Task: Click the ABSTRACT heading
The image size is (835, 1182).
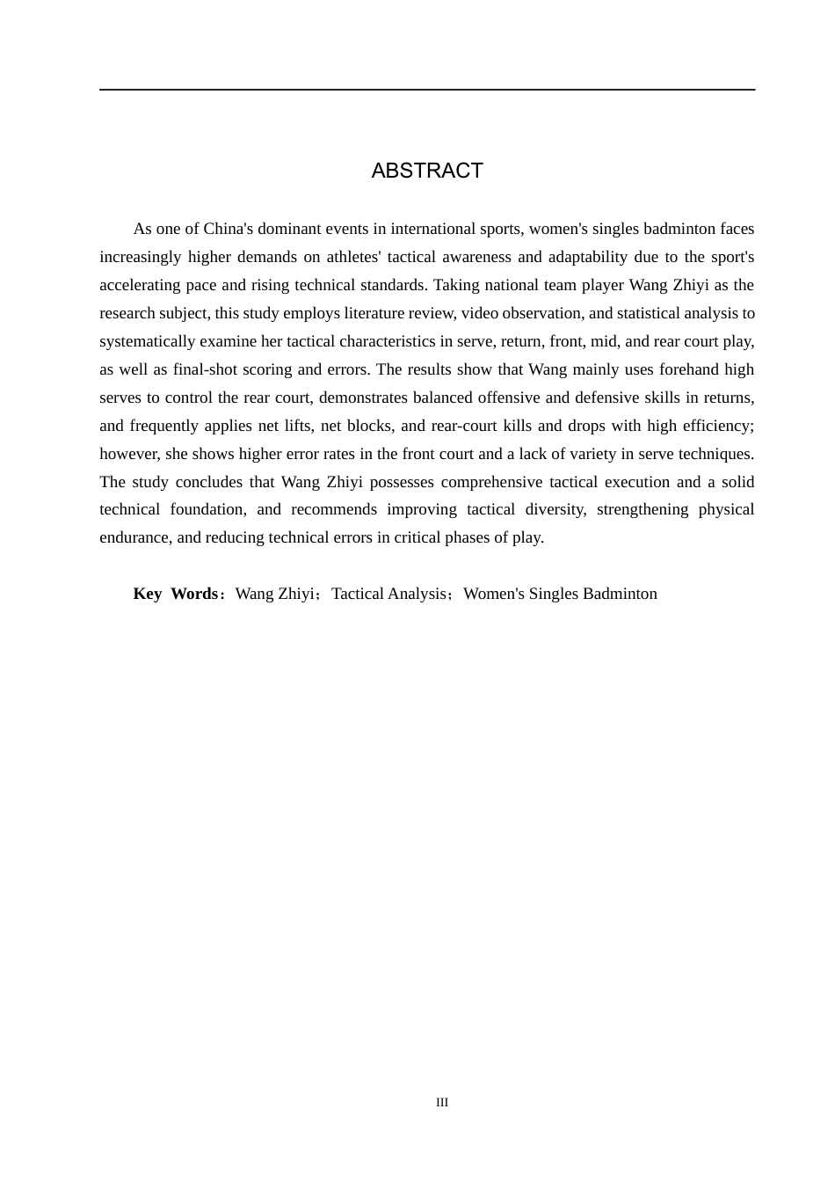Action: point(427,171)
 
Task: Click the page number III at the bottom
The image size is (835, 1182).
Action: point(442,1103)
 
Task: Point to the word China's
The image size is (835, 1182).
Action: point(229,229)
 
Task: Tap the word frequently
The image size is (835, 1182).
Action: point(162,426)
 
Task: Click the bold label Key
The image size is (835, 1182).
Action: point(148,594)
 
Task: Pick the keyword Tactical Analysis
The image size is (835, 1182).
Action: point(389,594)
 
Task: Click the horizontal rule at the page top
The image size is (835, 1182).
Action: point(427,90)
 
